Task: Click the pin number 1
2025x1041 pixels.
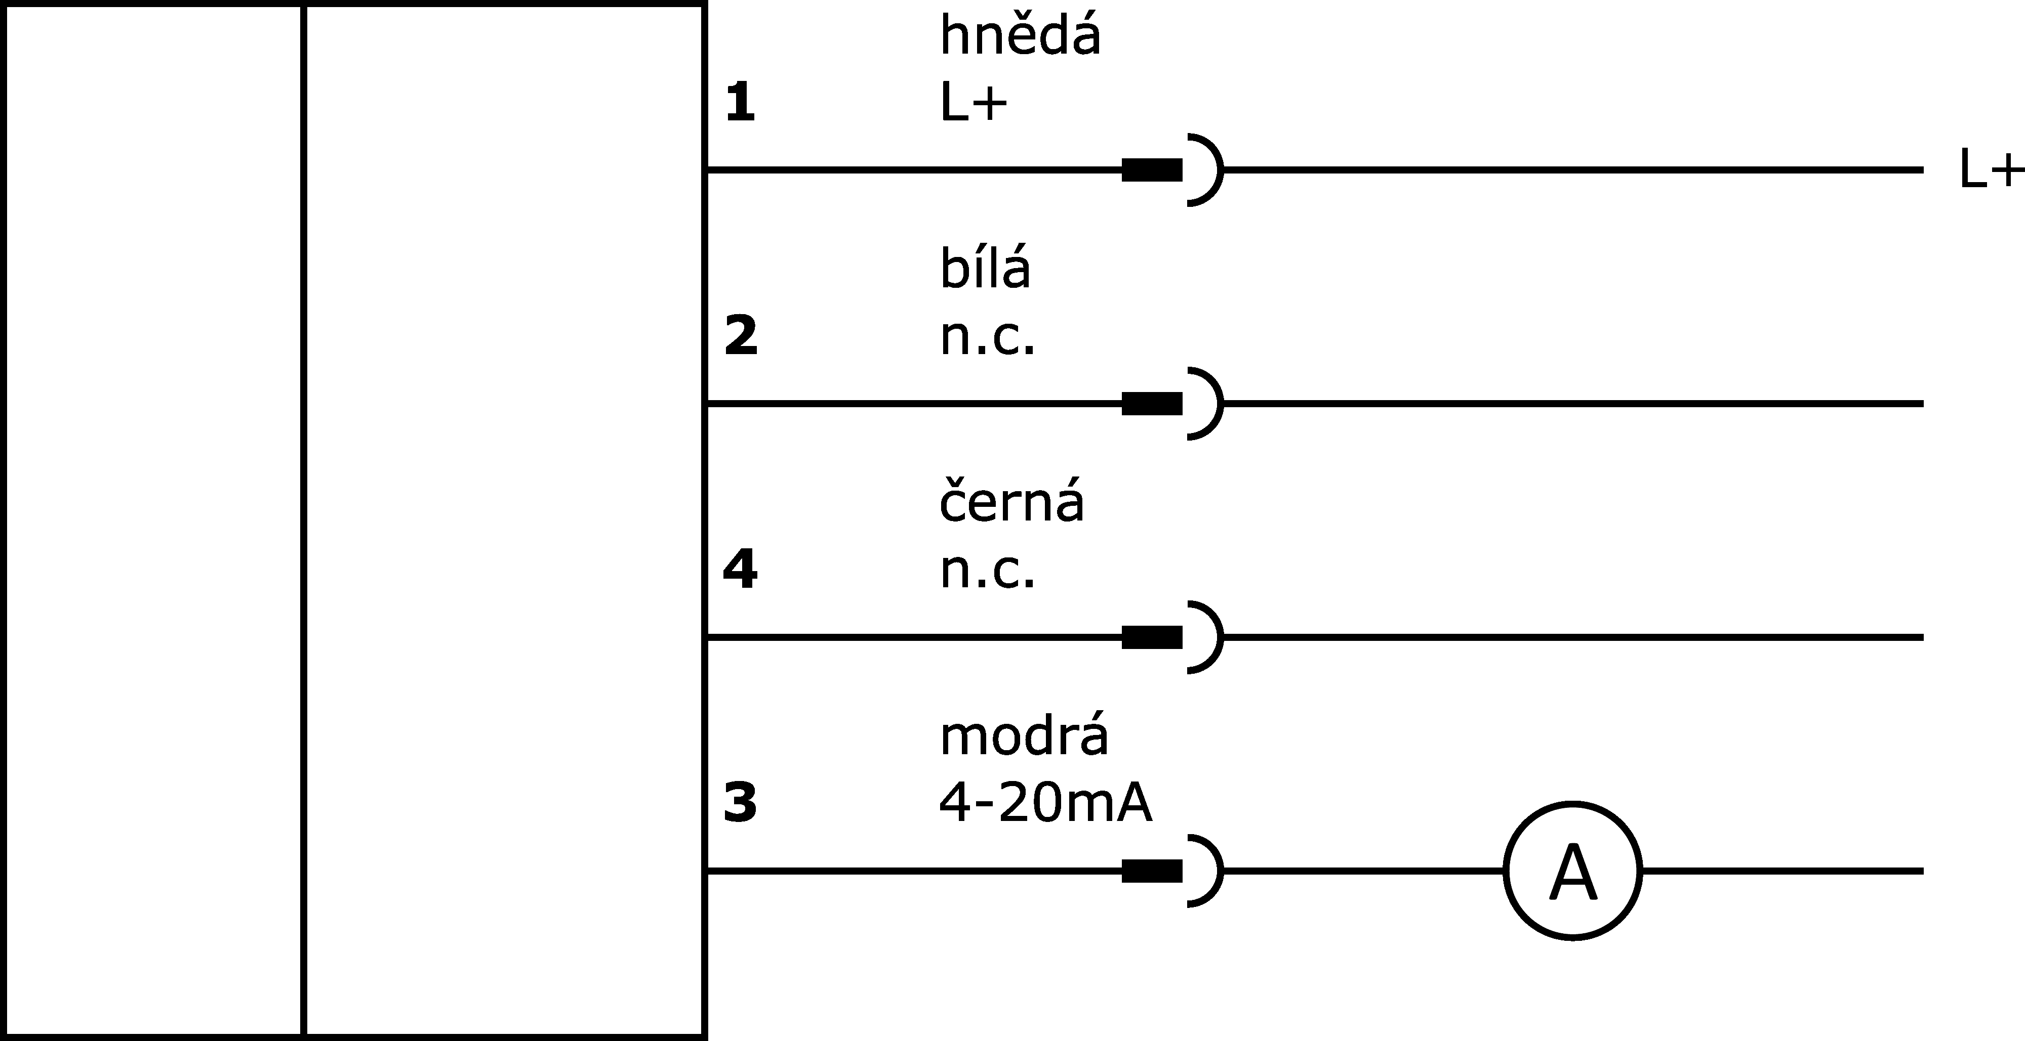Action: point(740,103)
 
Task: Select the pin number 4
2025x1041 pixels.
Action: point(740,569)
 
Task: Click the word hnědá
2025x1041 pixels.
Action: point(1020,35)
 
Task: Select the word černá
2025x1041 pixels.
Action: point(1011,501)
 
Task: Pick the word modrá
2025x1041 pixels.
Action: point(1024,736)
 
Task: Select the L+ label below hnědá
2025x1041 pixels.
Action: point(973,103)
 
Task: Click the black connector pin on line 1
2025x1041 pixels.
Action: point(1152,169)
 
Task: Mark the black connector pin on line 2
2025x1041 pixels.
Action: point(1152,403)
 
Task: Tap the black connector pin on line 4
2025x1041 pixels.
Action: point(1152,637)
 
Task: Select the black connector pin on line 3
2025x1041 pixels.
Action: point(1152,871)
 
